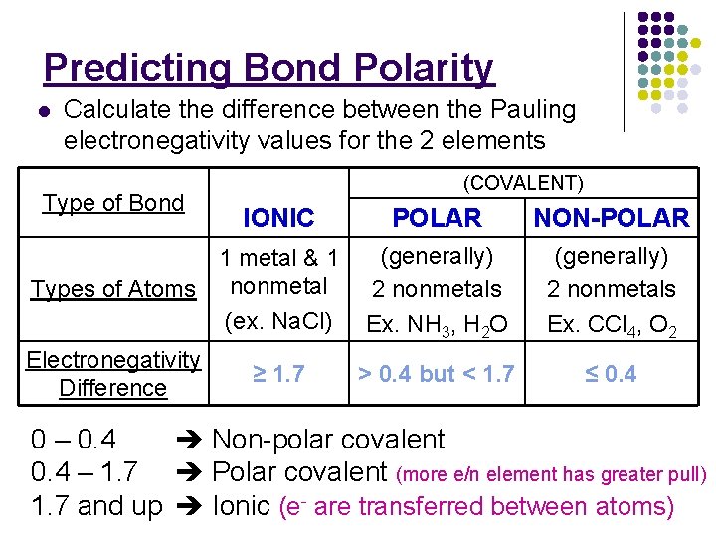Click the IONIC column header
278,218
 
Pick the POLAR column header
437,218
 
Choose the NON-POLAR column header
612,218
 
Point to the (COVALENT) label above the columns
524,183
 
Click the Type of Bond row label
113,203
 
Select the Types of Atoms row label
113,289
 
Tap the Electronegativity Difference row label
113,373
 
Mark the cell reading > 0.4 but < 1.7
436,374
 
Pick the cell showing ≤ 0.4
611,374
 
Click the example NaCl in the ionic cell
294,322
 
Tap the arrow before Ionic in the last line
187,507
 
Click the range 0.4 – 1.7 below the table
85,472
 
